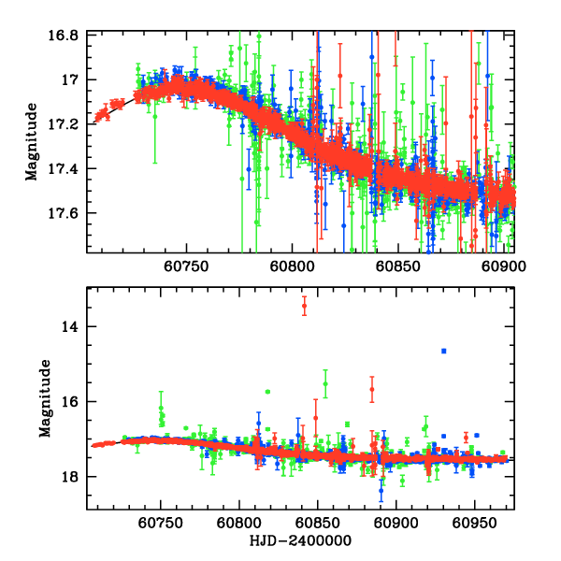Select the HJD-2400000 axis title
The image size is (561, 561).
[x=300, y=541]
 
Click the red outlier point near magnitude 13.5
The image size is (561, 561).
[x=304, y=307]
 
